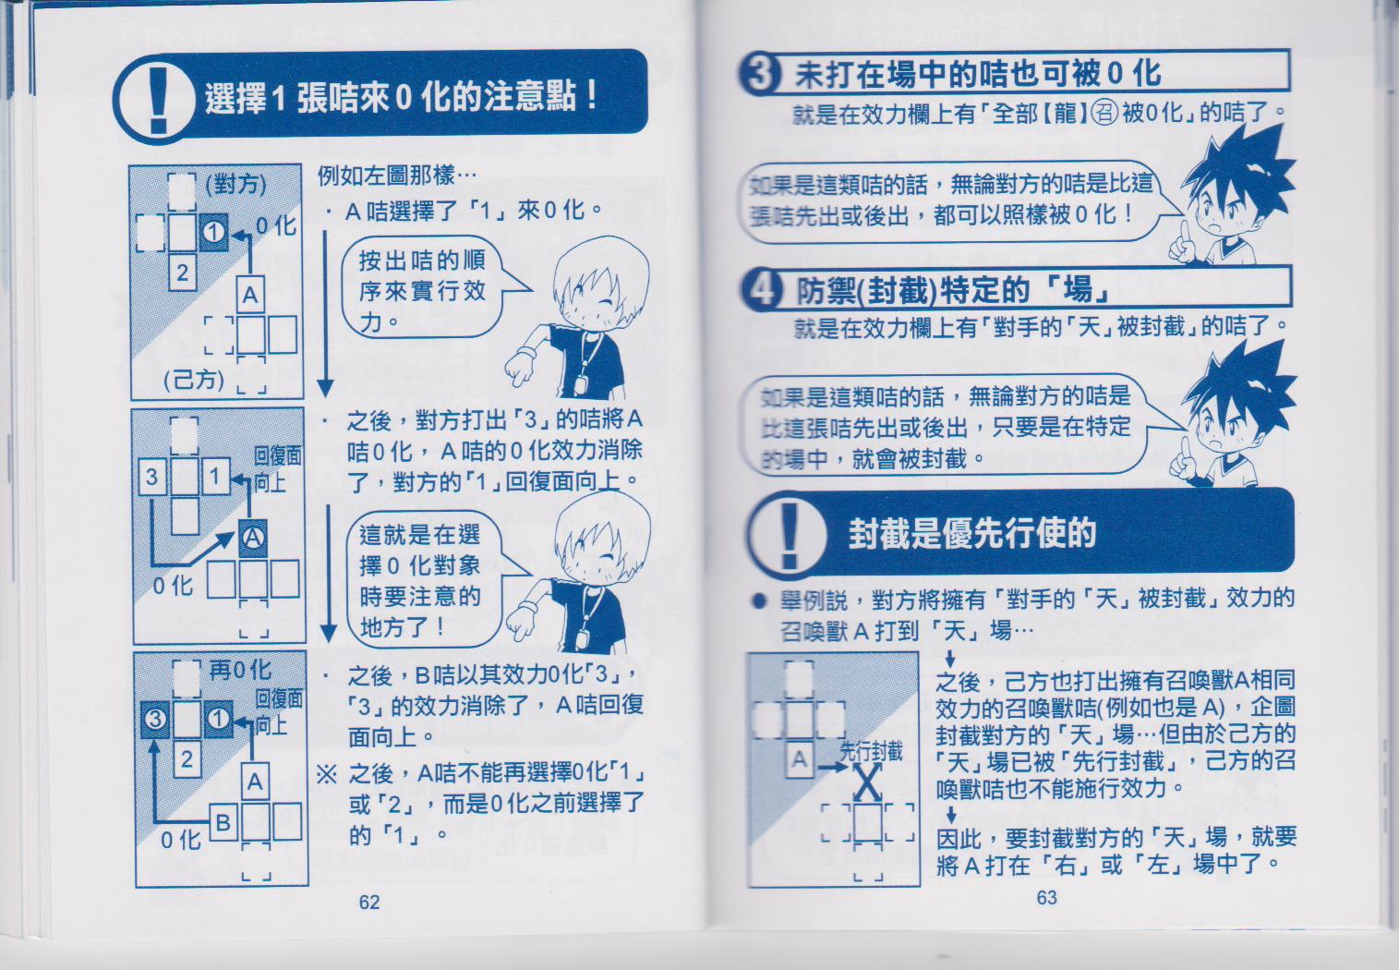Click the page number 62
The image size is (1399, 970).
point(368,902)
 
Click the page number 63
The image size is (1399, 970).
point(1047,898)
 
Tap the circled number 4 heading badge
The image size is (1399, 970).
point(762,290)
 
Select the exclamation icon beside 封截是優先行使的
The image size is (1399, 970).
point(790,534)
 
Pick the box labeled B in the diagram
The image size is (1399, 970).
point(223,822)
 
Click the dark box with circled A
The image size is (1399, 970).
point(253,539)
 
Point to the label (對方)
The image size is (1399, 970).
point(235,185)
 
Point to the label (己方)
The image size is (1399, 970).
point(194,379)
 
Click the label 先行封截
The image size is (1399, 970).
point(871,751)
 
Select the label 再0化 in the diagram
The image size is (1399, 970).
point(240,670)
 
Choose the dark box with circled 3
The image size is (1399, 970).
point(155,720)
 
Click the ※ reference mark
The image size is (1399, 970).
point(326,774)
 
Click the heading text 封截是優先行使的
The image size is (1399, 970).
point(971,533)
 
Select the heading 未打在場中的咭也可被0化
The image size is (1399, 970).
point(977,74)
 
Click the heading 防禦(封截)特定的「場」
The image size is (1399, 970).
point(952,290)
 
